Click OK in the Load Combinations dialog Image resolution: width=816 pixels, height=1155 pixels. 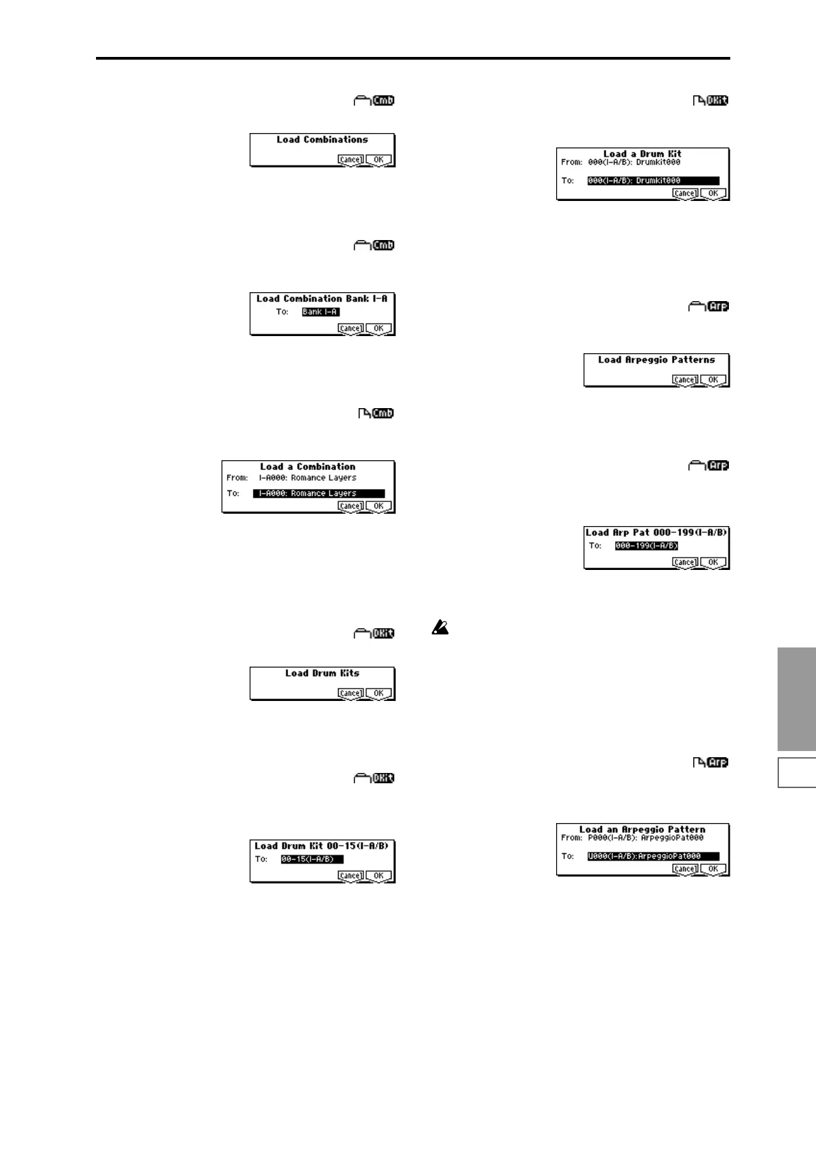tap(379, 160)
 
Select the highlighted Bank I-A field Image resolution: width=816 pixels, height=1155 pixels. tap(321, 312)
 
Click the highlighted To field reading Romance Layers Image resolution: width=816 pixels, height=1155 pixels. tap(319, 493)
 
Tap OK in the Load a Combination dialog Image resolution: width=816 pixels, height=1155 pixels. tap(379, 506)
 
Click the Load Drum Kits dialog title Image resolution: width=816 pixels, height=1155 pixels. tap(322, 674)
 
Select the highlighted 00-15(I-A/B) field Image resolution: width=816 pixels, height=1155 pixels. tap(311, 859)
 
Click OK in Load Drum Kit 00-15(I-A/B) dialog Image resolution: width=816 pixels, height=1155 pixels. tap(379, 876)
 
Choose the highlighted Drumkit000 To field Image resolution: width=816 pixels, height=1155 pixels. tap(653, 181)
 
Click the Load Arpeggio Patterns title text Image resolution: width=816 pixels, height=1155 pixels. tap(656, 360)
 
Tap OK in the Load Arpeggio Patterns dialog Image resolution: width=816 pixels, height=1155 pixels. tap(713, 380)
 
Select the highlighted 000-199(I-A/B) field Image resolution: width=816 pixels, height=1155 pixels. tap(647, 546)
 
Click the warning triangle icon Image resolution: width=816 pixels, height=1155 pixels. tap(440, 628)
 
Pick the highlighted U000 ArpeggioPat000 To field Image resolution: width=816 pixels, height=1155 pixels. tap(653, 857)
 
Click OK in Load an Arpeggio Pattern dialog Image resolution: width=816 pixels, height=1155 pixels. tap(713, 869)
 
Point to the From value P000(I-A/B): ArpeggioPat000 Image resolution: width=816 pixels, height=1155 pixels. tap(645, 838)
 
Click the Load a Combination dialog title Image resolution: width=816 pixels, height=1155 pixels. tap(308, 467)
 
